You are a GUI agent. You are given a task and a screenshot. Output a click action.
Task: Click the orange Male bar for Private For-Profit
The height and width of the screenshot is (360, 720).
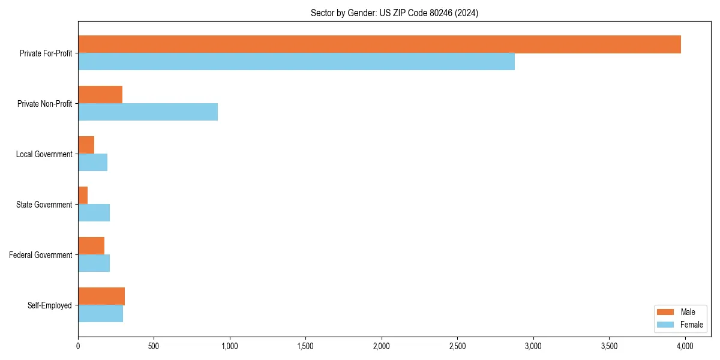pos(379,44)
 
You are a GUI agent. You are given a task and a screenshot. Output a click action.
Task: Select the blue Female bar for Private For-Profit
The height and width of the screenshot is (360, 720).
pos(296,62)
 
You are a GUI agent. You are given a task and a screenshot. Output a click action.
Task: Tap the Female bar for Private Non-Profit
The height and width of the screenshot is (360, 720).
pos(148,112)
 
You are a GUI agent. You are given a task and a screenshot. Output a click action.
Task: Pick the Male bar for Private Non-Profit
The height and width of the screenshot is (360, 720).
pos(100,95)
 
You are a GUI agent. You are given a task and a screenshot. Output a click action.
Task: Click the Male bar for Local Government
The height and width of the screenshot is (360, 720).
pos(86,145)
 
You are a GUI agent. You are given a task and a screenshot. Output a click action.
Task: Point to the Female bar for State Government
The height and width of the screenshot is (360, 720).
pos(94,213)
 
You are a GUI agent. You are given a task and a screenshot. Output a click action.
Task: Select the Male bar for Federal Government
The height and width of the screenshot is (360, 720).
pos(91,246)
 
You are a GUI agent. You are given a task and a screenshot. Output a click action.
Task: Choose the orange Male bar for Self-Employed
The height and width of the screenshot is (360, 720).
pos(101,296)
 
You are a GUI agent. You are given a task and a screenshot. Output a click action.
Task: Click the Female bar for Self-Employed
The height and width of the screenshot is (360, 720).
pos(100,314)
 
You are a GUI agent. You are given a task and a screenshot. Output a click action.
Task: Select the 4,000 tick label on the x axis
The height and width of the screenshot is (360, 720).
pos(685,346)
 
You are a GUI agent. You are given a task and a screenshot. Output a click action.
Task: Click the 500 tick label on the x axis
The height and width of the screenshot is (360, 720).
pos(154,346)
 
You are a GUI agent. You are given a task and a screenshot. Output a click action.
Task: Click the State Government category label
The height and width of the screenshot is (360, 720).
pos(44,205)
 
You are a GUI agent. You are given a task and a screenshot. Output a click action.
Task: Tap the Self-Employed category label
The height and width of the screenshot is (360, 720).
pos(49,305)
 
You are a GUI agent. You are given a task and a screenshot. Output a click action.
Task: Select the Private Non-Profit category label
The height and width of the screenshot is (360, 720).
pos(44,104)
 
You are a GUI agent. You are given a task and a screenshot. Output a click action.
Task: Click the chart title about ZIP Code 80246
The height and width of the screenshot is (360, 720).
pos(394,13)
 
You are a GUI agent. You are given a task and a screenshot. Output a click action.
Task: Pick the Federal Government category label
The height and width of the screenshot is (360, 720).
pos(41,255)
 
